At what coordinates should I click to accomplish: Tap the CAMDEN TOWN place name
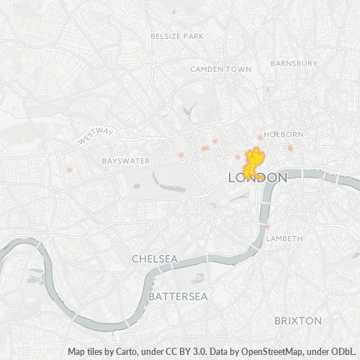coord(220,69)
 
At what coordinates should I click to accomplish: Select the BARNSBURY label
coord(294,63)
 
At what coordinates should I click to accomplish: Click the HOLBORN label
coord(284,134)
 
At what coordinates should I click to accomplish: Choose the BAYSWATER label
coord(125,161)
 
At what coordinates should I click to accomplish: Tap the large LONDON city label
coord(257,177)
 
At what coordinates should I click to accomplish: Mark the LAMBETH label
coord(284,238)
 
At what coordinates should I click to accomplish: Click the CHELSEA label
coord(154,258)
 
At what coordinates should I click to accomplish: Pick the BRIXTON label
coord(298,320)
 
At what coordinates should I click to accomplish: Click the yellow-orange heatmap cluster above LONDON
coord(253,163)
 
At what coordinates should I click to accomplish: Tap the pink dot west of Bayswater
coord(69,170)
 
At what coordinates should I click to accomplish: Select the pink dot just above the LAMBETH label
coord(268,227)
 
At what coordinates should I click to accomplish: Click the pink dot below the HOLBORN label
coord(290,148)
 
